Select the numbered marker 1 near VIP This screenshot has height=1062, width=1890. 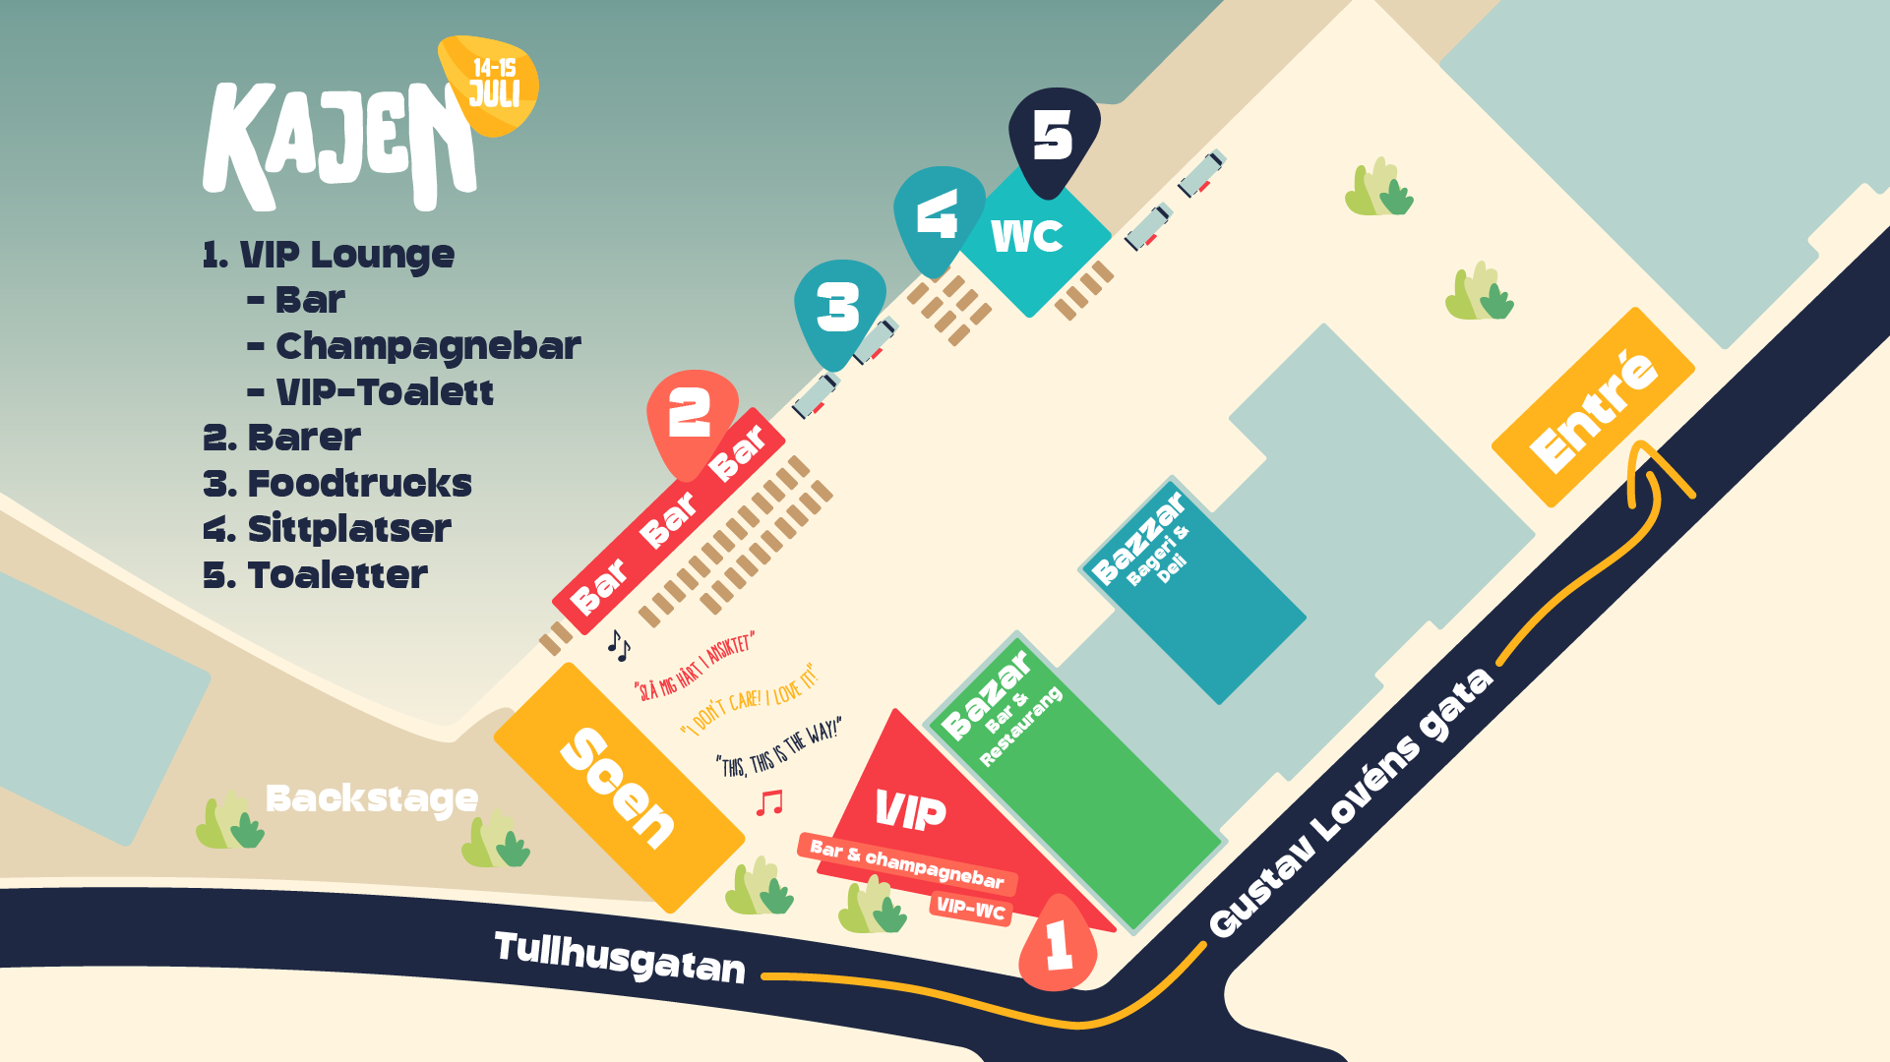click(1058, 944)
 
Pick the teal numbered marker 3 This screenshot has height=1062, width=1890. click(838, 309)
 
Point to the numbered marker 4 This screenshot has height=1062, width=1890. click(937, 216)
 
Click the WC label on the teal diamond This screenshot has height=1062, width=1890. click(1027, 236)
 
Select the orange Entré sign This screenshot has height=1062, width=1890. click(1594, 408)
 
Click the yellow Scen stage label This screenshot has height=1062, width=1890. click(618, 787)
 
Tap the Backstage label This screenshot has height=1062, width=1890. click(372, 798)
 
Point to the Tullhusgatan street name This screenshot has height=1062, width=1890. click(620, 957)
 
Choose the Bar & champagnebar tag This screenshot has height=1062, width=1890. click(906, 862)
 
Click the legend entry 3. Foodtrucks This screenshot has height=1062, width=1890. click(337, 484)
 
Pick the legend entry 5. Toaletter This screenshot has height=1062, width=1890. click(315, 575)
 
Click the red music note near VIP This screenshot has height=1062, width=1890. click(769, 802)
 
